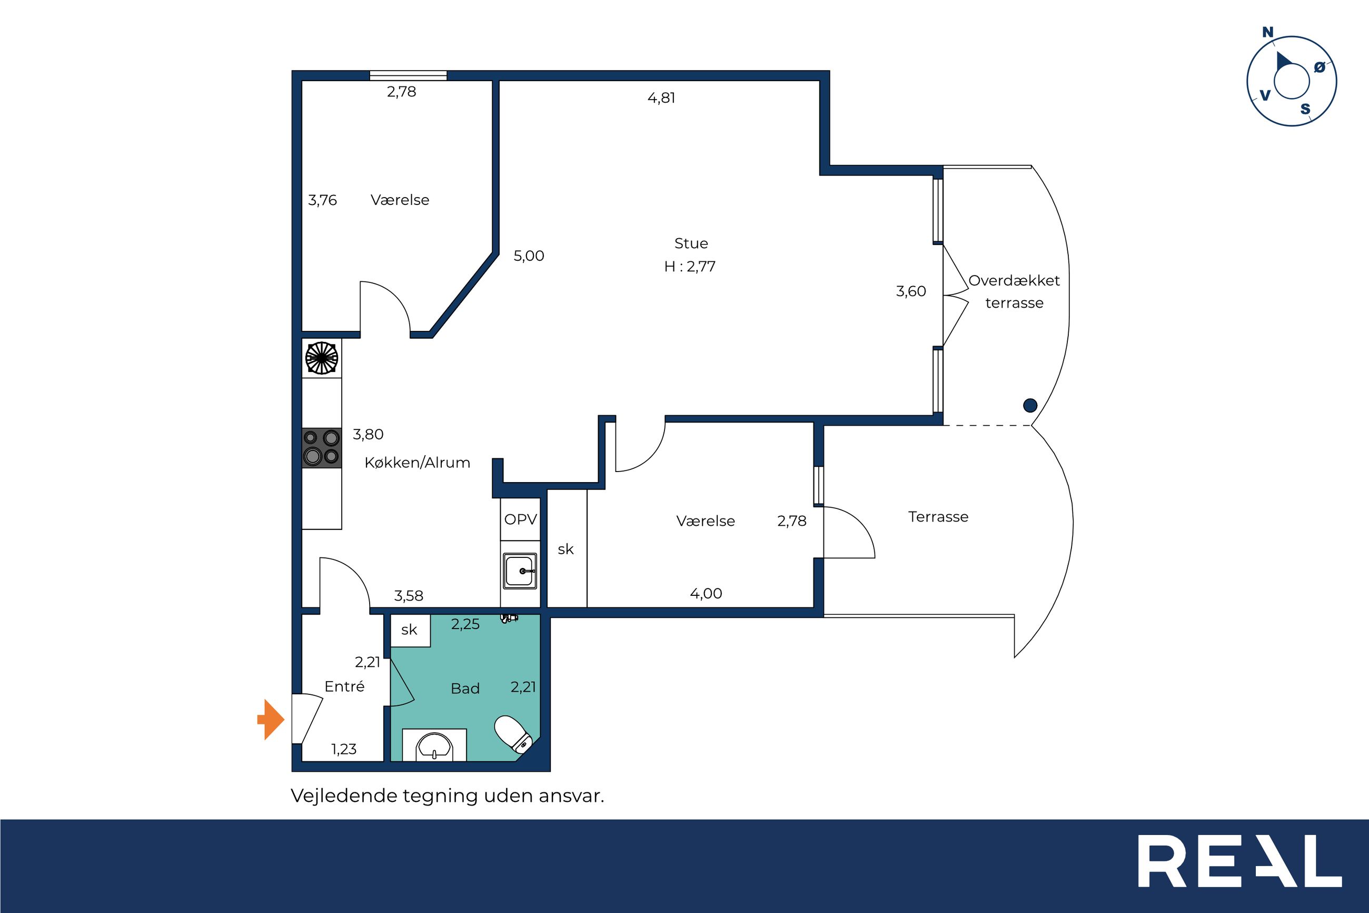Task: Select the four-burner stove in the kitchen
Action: [322, 448]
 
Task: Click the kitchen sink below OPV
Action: [520, 571]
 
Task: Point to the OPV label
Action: [521, 519]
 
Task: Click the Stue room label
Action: [691, 243]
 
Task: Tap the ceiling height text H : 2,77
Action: [690, 267]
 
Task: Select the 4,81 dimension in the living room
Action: [661, 98]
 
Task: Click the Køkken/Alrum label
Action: [417, 463]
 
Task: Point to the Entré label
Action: [344, 686]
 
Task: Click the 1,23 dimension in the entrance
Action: [344, 749]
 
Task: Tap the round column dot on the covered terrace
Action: [1030, 405]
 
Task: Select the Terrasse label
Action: [938, 516]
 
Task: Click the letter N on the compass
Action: [1268, 33]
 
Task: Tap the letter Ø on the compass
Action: [1320, 67]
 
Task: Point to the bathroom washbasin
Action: [434, 745]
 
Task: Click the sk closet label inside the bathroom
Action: [409, 630]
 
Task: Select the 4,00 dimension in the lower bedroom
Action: [706, 594]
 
